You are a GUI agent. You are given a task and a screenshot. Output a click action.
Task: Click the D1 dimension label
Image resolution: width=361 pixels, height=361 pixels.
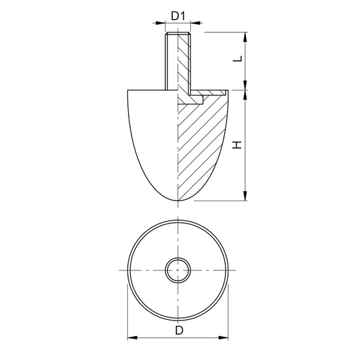pos(178,16)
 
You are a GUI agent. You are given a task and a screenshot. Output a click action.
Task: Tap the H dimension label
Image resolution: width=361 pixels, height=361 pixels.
pos(237,145)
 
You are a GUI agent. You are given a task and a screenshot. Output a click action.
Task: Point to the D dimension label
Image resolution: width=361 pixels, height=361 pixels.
pos(179,331)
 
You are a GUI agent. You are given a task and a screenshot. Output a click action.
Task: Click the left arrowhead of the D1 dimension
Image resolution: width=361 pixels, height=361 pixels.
pos(161,23)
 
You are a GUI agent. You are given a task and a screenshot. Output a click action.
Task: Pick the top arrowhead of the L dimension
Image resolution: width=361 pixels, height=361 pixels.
pos(245,37)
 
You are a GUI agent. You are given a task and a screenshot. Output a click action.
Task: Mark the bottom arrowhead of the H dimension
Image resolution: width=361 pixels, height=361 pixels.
pos(245,196)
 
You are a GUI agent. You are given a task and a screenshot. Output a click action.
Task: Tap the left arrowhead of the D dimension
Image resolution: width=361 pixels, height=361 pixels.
pos(133,338)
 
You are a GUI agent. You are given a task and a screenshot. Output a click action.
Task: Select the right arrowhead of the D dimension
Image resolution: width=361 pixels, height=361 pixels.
pos(223,338)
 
